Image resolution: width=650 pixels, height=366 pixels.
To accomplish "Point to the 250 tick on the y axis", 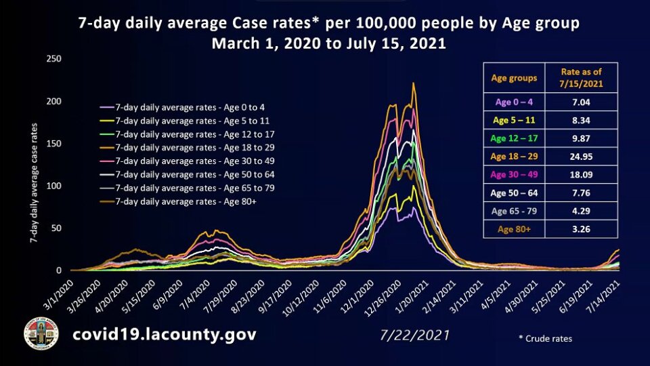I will [x=53, y=59].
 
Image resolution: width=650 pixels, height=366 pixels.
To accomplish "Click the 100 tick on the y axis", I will [x=53, y=186].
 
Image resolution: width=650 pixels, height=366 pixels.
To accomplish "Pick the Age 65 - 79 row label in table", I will [x=514, y=211].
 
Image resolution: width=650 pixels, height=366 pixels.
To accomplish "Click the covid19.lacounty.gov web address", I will [x=166, y=335].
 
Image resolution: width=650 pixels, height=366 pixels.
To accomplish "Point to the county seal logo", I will [x=40, y=333].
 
